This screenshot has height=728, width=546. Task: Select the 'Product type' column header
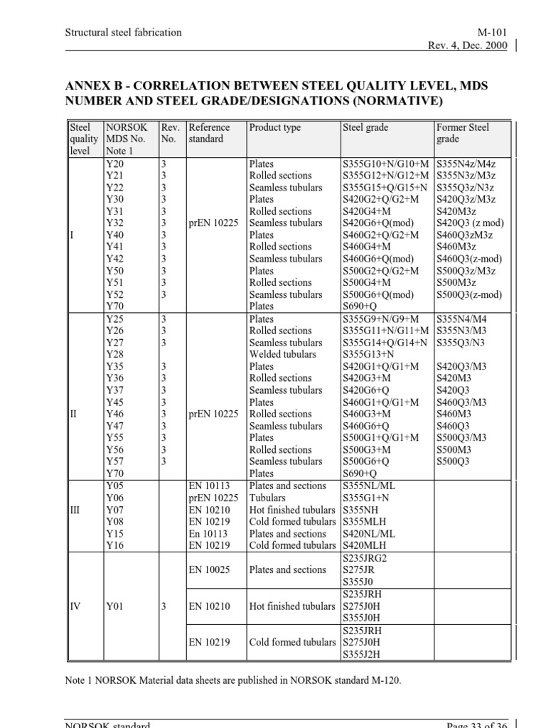pos(275,128)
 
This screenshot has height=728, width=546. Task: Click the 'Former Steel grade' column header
pos(462,134)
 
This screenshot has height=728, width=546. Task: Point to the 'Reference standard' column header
pos(209,134)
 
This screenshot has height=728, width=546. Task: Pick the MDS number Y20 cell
pos(114,164)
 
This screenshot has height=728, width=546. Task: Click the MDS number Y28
pos(114,355)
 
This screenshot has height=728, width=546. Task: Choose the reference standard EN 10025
pos(209,569)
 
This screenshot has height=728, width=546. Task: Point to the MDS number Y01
pos(114,606)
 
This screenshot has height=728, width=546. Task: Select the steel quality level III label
pos(76,510)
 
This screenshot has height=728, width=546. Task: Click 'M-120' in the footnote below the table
pos(385,681)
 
